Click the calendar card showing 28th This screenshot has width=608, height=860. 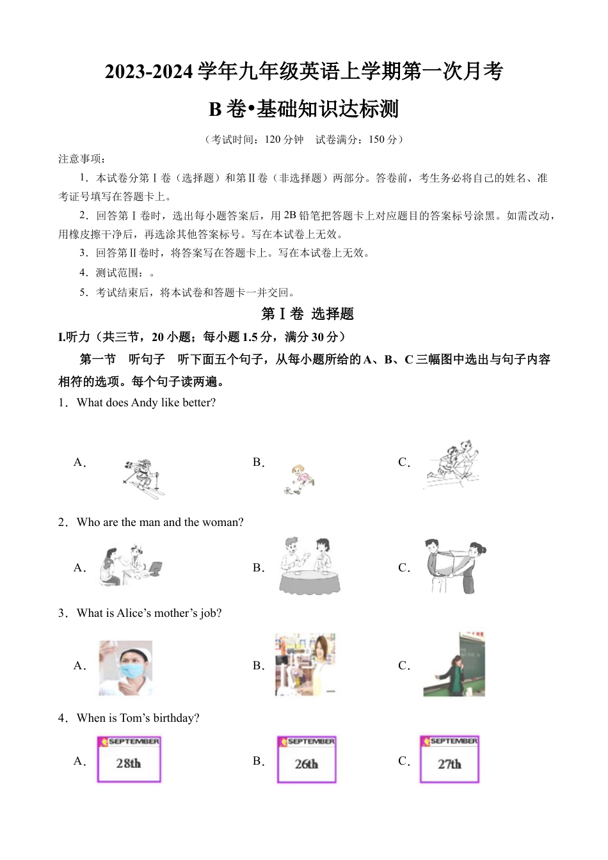coord(129,759)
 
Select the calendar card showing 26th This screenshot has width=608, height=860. coord(307,760)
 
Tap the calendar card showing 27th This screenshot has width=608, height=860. coord(449,760)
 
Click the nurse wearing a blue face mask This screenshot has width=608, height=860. coord(126,667)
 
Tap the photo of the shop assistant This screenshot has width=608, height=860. coord(305,665)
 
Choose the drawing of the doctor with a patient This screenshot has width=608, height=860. coord(131,566)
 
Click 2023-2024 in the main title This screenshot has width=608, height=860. coord(148,72)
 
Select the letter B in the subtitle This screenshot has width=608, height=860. coord(215,109)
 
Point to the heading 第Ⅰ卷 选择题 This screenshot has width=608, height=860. coord(307,314)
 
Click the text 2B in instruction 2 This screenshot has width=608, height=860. coord(290,216)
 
